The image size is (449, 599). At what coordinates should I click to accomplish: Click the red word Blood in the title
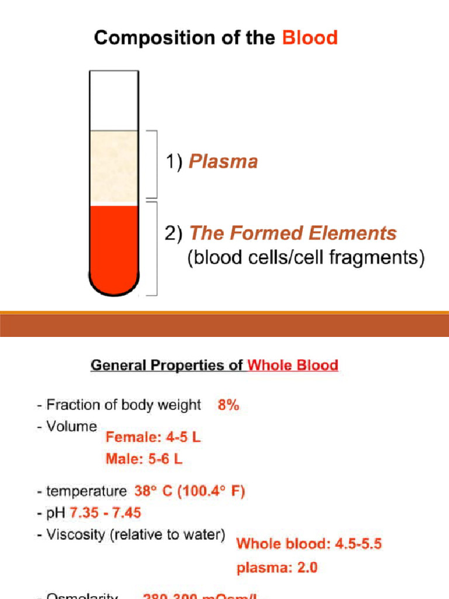pos(310,39)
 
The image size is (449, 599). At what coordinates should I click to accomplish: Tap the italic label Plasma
pos(223,161)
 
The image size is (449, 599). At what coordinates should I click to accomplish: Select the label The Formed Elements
pos(293,233)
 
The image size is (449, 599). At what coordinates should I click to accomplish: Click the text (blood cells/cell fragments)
pos(306,258)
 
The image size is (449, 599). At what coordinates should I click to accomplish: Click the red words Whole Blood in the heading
pos(293,366)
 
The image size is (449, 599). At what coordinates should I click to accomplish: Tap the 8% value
pos(229,405)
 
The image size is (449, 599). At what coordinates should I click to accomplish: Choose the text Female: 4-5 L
pos(153,437)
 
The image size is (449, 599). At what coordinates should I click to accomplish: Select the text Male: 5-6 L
pos(144,459)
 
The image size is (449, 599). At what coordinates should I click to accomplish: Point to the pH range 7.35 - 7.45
pos(105,513)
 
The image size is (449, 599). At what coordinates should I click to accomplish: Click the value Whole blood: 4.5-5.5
pos(309,544)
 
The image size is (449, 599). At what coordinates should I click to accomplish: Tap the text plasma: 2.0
pos(277,567)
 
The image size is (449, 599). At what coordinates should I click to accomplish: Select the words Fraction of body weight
pos(123,405)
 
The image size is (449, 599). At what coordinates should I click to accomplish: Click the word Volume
pos(71,426)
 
